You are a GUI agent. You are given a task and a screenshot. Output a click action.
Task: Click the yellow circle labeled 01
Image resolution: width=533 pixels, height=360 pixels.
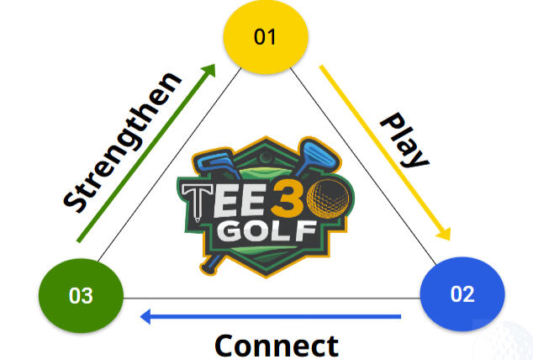pos(266,38)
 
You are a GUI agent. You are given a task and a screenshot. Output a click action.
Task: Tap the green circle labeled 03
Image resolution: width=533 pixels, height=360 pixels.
pos(82,295)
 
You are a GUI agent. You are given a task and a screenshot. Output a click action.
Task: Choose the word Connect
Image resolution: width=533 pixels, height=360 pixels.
pos(276,345)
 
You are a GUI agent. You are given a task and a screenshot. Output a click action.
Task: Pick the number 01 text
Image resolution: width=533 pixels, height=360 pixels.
pos(266,38)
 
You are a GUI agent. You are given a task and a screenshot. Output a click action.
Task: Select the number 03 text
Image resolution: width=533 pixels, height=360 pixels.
pos(82,295)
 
